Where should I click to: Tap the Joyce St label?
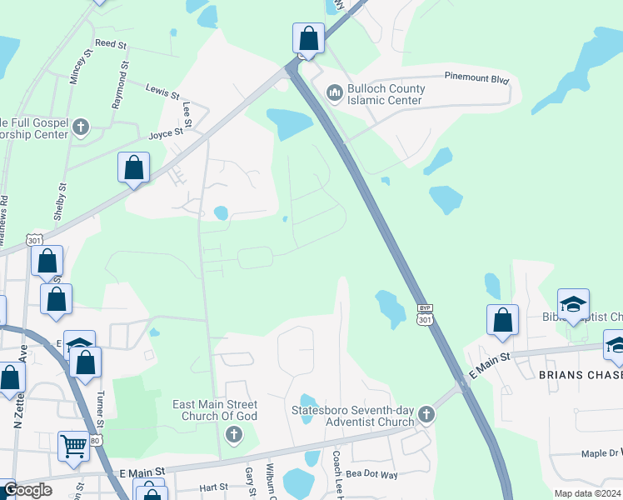point(166,132)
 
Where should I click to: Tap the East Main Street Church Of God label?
point(215,410)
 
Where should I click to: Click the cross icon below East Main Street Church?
point(234,433)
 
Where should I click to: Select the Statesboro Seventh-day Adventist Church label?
point(352,415)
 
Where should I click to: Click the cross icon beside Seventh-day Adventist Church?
point(426,414)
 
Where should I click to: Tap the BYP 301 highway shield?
point(425,314)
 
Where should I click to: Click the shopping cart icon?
point(73,446)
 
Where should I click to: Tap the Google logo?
point(27,490)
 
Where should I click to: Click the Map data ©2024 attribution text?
point(587,493)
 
